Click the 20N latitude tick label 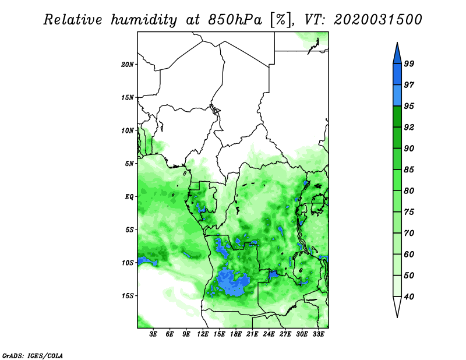point(128,65)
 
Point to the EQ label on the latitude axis point(129,197)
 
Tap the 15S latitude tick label point(128,296)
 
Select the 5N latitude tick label point(129,164)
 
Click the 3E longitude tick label point(153,334)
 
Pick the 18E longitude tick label point(236,334)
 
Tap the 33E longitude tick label point(318,334)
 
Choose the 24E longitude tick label point(269,334)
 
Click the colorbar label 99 point(409,63)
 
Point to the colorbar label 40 point(409,297)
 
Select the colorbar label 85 point(409,170)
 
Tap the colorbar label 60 point(409,254)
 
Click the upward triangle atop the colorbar point(397,55)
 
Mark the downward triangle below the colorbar point(397,305)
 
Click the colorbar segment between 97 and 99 point(397,75)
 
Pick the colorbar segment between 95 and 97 point(397,96)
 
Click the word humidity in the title point(144,20)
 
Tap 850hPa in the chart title point(235,20)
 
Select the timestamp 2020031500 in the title point(377,20)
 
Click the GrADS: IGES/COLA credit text point(33,355)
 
